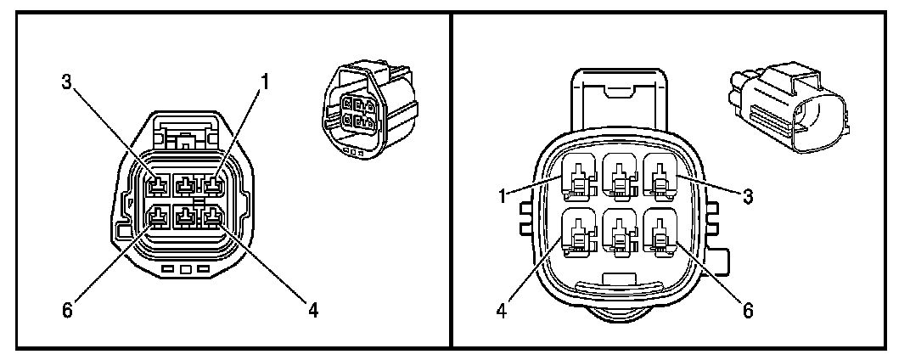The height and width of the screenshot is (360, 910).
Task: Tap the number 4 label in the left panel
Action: coord(312,310)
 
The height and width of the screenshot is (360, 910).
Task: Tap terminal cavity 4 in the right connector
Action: coord(578,232)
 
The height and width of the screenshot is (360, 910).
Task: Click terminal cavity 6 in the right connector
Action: coord(660,232)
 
